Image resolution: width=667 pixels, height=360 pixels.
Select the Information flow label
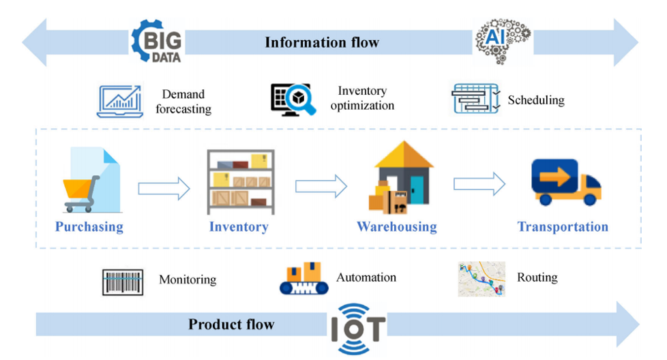coord(322,42)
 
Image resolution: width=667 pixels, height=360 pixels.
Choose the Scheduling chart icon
coord(475,100)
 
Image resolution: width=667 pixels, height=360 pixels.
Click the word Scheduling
coord(536,100)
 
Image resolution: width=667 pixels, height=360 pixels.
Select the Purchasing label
coord(89,227)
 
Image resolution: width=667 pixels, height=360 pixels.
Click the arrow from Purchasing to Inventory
coord(164,188)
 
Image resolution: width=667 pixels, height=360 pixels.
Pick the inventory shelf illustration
coord(241,179)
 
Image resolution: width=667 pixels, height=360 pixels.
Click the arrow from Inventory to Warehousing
coord(321,185)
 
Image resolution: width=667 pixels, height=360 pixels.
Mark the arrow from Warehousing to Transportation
coord(479,183)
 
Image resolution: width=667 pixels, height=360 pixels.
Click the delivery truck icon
coord(567,182)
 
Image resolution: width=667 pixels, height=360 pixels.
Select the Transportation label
coord(563,227)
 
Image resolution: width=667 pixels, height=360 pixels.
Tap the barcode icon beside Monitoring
coord(123,282)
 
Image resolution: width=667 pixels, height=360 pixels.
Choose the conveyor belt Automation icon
coord(304,280)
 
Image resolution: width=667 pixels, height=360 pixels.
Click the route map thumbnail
coord(481,279)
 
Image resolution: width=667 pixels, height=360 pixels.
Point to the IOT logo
coord(358,327)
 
